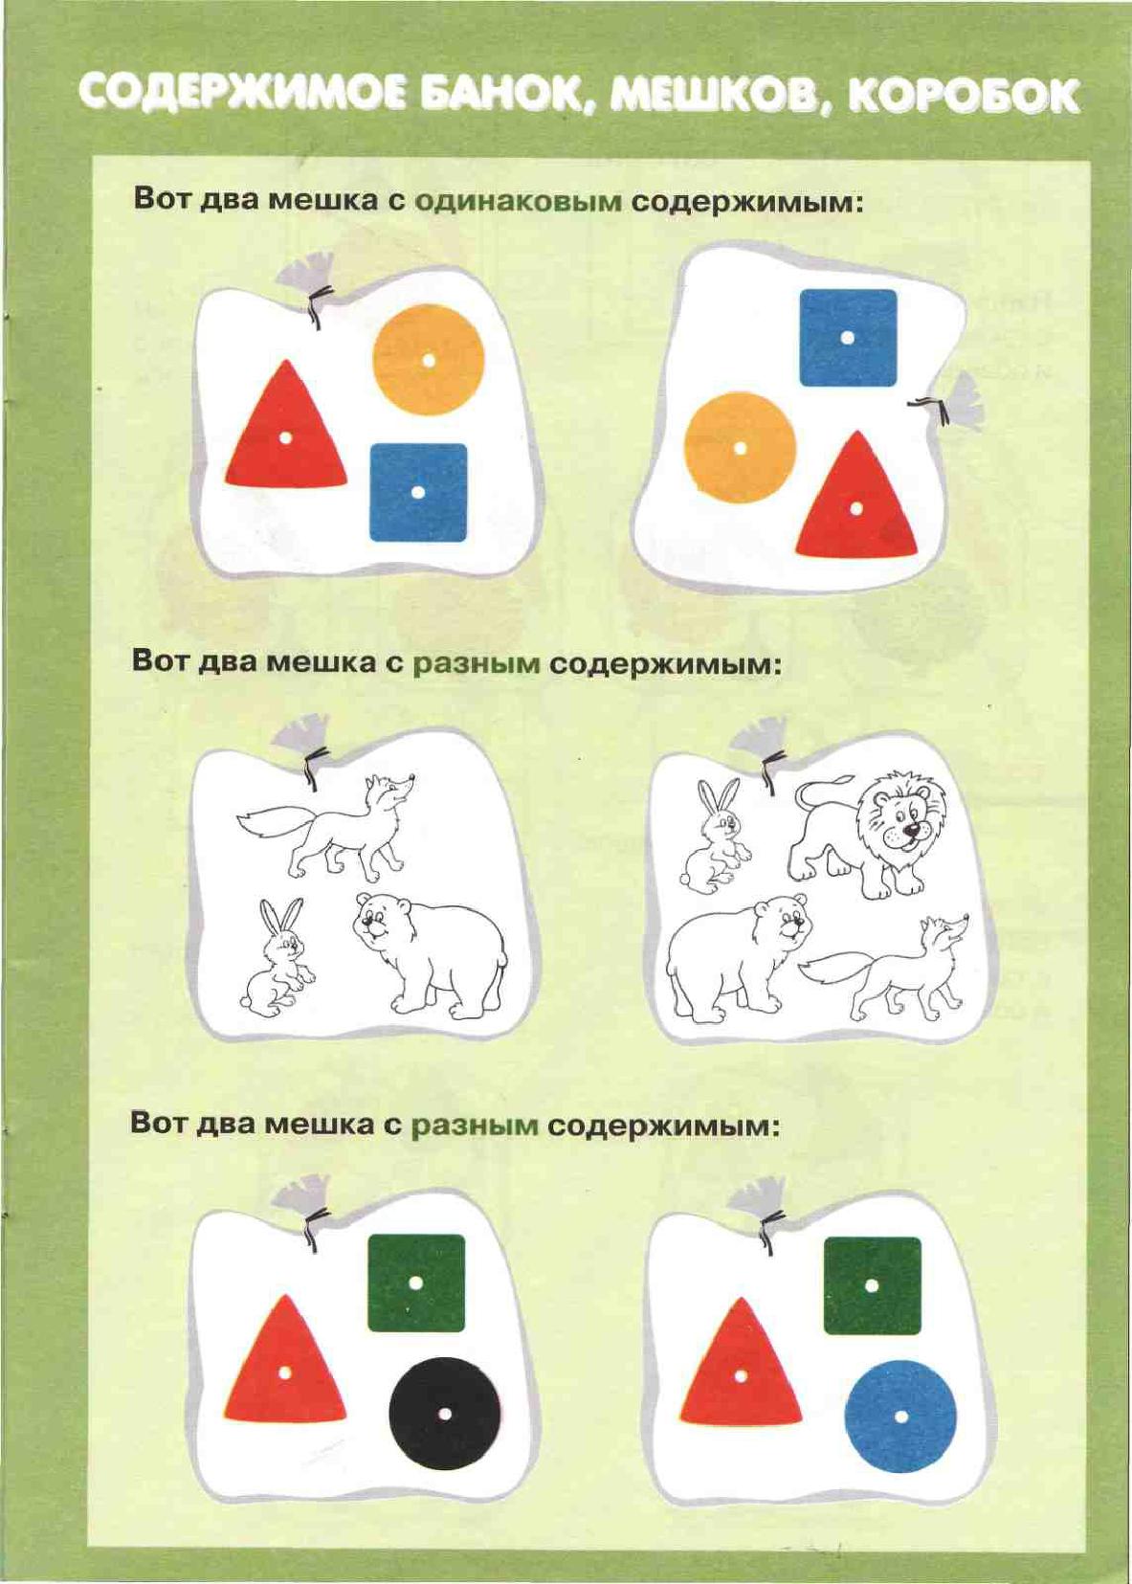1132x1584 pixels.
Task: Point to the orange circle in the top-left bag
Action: tap(428, 360)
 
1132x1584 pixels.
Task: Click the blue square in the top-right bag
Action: tap(848, 337)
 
